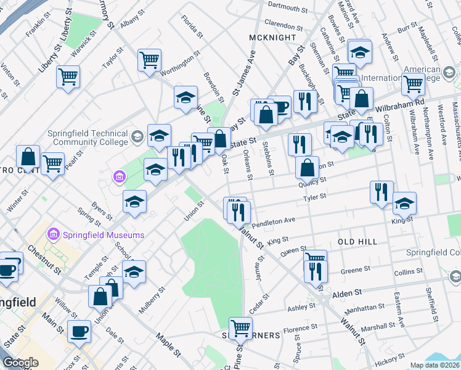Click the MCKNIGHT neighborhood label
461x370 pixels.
269,38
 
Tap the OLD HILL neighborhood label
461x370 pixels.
357,242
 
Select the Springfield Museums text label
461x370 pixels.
103,235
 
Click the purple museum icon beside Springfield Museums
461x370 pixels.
53,235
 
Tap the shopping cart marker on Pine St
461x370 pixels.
240,327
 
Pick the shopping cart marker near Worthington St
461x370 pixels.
149,60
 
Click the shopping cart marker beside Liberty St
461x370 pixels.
68,77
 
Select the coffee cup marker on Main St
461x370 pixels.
79,331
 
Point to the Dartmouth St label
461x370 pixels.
288,8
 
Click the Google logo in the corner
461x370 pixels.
21,363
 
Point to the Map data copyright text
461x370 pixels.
435,365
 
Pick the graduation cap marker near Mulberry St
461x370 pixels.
134,272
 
